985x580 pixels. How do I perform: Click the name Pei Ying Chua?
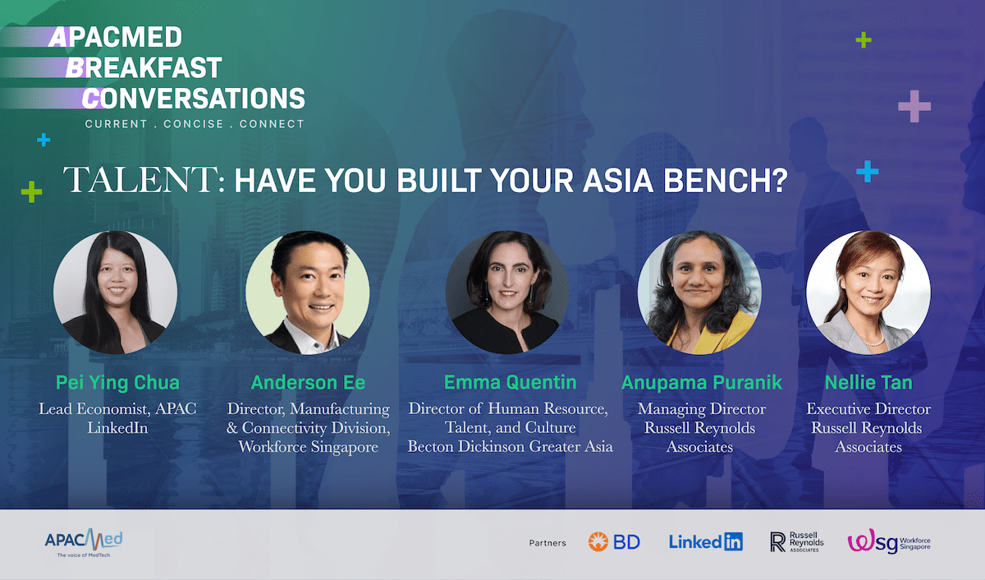pyautogui.click(x=117, y=382)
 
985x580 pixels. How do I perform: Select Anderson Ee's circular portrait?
pyautogui.click(x=308, y=292)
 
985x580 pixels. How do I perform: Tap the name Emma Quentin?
pyautogui.click(x=510, y=382)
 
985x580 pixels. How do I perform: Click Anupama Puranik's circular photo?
pyautogui.click(x=699, y=292)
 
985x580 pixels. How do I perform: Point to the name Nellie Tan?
pyautogui.click(x=868, y=382)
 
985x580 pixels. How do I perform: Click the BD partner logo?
pyautogui.click(x=614, y=541)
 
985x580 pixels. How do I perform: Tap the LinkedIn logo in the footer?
pyautogui.click(x=706, y=541)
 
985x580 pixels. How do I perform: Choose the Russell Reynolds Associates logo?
pyautogui.click(x=797, y=541)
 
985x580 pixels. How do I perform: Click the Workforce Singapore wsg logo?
pyautogui.click(x=889, y=541)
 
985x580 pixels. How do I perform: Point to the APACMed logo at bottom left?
pyautogui.click(x=84, y=542)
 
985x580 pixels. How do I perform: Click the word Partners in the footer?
pyautogui.click(x=547, y=543)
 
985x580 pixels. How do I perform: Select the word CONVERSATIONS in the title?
pyautogui.click(x=194, y=98)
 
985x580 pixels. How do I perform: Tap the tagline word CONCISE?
pyautogui.click(x=194, y=124)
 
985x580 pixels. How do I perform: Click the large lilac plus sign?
pyautogui.click(x=914, y=106)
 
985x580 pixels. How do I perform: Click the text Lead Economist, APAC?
pyautogui.click(x=117, y=409)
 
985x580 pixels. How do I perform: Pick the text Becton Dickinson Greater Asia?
pyautogui.click(x=510, y=447)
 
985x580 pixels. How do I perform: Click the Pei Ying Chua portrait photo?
pyautogui.click(x=115, y=292)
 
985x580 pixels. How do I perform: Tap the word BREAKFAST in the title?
pyautogui.click(x=144, y=67)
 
